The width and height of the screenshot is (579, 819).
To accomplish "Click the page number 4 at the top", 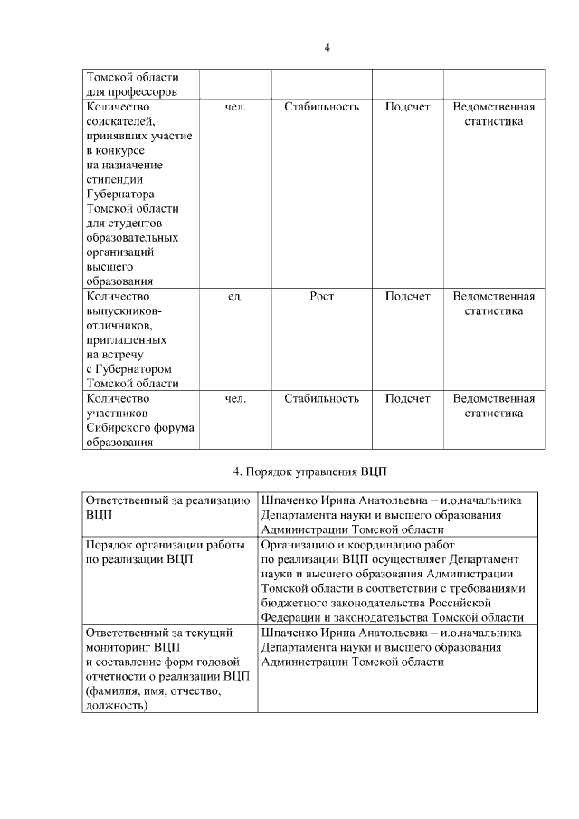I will (x=327, y=48).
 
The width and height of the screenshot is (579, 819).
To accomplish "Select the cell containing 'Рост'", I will (x=321, y=296).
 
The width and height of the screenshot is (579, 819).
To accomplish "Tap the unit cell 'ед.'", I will (x=235, y=296).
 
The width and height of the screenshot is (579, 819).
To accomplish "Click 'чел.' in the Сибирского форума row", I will (x=235, y=398).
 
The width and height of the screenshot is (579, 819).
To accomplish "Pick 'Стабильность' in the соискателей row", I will (x=321, y=107).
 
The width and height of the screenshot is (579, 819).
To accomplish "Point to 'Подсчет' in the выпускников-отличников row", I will (x=407, y=296).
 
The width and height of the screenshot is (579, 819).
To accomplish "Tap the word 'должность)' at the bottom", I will (x=115, y=704).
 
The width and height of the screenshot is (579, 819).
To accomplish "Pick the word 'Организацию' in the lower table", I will (x=298, y=545).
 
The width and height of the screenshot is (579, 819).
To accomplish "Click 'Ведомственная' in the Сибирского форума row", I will (x=493, y=398).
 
